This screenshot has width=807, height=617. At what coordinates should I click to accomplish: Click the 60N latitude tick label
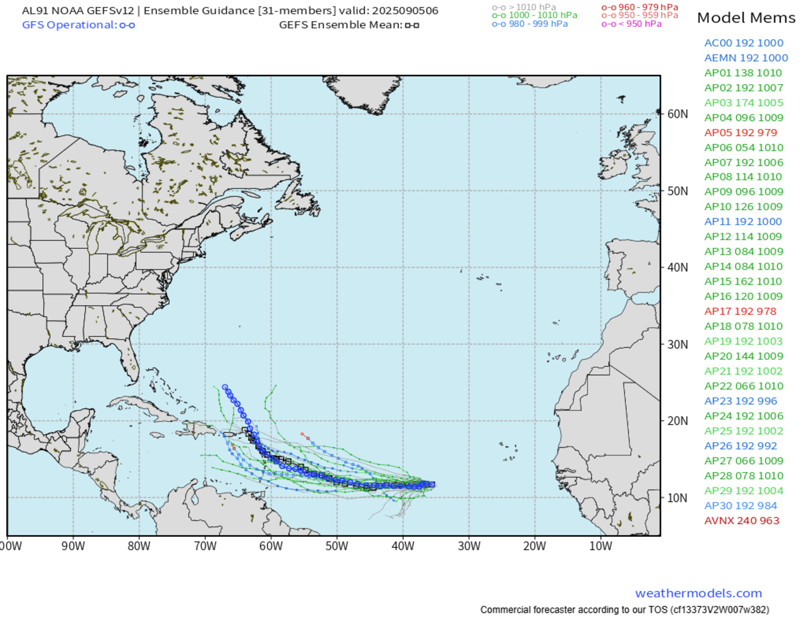point(678,114)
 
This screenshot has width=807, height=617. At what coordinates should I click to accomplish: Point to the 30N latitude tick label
point(678,345)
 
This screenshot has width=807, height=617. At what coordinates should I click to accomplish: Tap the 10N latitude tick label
point(678,498)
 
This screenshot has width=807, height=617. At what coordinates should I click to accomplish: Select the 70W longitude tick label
point(205,546)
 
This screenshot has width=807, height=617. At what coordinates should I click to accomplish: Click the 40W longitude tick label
point(403,546)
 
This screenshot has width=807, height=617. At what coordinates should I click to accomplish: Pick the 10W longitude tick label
point(600,546)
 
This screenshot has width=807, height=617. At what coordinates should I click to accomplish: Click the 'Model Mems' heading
point(746,18)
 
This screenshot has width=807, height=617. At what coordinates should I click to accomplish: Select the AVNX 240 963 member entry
point(741,521)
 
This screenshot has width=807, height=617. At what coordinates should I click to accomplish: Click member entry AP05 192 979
point(740,133)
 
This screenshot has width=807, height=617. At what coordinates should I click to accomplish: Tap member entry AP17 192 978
point(740,312)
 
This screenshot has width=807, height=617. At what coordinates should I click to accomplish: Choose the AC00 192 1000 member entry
point(744,43)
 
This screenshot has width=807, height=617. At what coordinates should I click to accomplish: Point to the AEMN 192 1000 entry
point(746,58)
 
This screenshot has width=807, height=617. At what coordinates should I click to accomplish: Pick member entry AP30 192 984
point(740,505)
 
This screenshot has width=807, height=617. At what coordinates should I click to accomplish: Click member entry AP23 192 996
point(740,401)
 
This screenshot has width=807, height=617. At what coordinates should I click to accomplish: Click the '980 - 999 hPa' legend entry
point(538,24)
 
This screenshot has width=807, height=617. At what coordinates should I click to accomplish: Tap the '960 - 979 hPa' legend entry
point(648,7)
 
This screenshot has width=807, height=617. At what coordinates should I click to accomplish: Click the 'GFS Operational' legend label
point(69,25)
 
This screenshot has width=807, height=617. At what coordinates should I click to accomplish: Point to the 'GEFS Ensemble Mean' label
point(341,25)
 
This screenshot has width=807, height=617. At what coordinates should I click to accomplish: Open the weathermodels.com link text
point(698,593)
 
